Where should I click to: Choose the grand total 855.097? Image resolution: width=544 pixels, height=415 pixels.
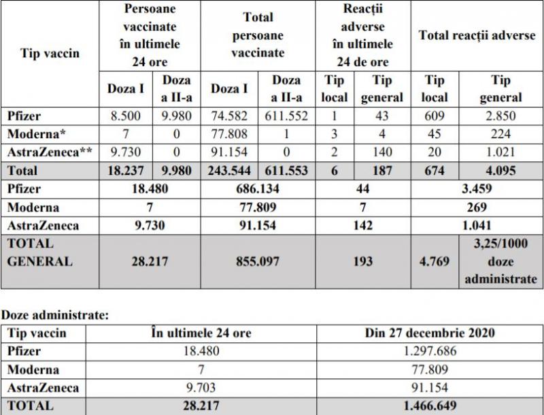point(257,261)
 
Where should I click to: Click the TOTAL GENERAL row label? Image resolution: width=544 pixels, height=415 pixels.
point(38,252)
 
